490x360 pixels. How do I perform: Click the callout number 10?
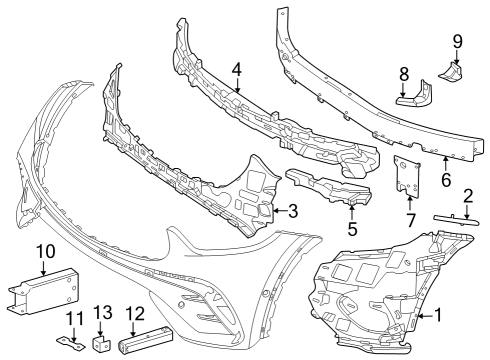[46, 251]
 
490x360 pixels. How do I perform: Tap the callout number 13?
[103, 313]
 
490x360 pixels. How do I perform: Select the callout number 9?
[457, 42]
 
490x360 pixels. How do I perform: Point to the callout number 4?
[236, 69]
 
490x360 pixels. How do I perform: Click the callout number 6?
[446, 180]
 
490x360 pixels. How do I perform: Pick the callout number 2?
[468, 197]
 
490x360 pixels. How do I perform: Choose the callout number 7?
[410, 220]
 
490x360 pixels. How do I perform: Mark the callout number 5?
[352, 229]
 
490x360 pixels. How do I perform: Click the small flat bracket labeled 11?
[70, 343]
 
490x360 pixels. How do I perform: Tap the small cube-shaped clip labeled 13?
[100, 343]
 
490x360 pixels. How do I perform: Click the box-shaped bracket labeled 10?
[44, 291]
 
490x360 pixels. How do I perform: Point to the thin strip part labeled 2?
[457, 220]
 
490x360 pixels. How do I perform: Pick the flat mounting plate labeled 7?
[407, 176]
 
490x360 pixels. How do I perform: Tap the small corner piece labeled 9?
[451, 71]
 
